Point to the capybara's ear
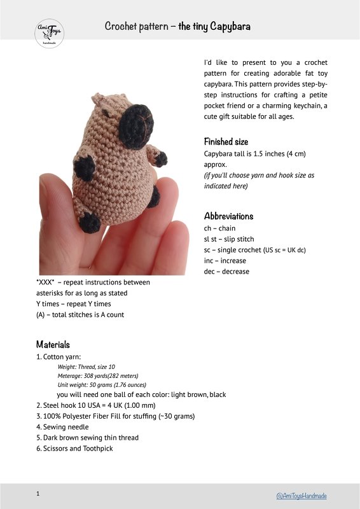coord(100,100)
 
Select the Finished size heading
coord(226,141)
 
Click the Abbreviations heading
coord(228,216)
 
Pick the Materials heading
coord(53,344)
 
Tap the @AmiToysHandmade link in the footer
coord(301,495)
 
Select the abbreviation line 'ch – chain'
coord(219,228)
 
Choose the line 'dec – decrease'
coord(226,272)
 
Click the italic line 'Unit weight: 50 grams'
coord(102,385)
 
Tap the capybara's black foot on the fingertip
coord(91,223)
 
